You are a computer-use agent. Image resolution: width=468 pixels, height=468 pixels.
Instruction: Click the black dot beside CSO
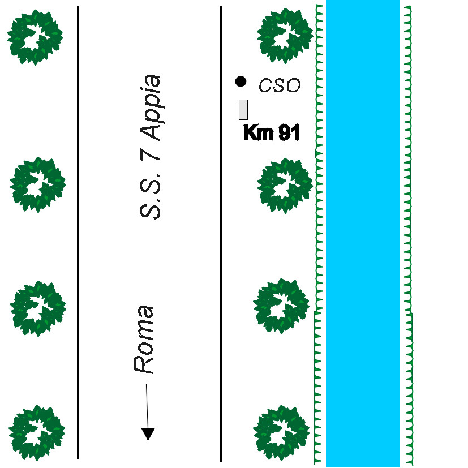(241, 81)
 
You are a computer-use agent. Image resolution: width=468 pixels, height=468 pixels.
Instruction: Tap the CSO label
(279, 86)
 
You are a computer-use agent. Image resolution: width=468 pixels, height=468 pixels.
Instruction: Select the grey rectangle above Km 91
(243, 109)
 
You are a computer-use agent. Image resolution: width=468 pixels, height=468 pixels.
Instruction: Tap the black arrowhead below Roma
(148, 433)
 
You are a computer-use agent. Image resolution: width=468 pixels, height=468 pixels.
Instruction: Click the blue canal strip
(363, 226)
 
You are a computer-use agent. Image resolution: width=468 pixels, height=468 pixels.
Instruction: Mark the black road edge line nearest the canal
(220, 226)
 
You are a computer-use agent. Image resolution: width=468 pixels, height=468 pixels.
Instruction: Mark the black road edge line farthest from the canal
(78, 226)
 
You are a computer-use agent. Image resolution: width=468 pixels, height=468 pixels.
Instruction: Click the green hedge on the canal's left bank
(319, 226)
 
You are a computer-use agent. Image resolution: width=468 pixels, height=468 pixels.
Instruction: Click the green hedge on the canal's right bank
(408, 226)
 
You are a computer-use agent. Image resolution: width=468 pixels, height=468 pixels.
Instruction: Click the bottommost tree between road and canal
(282, 431)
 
